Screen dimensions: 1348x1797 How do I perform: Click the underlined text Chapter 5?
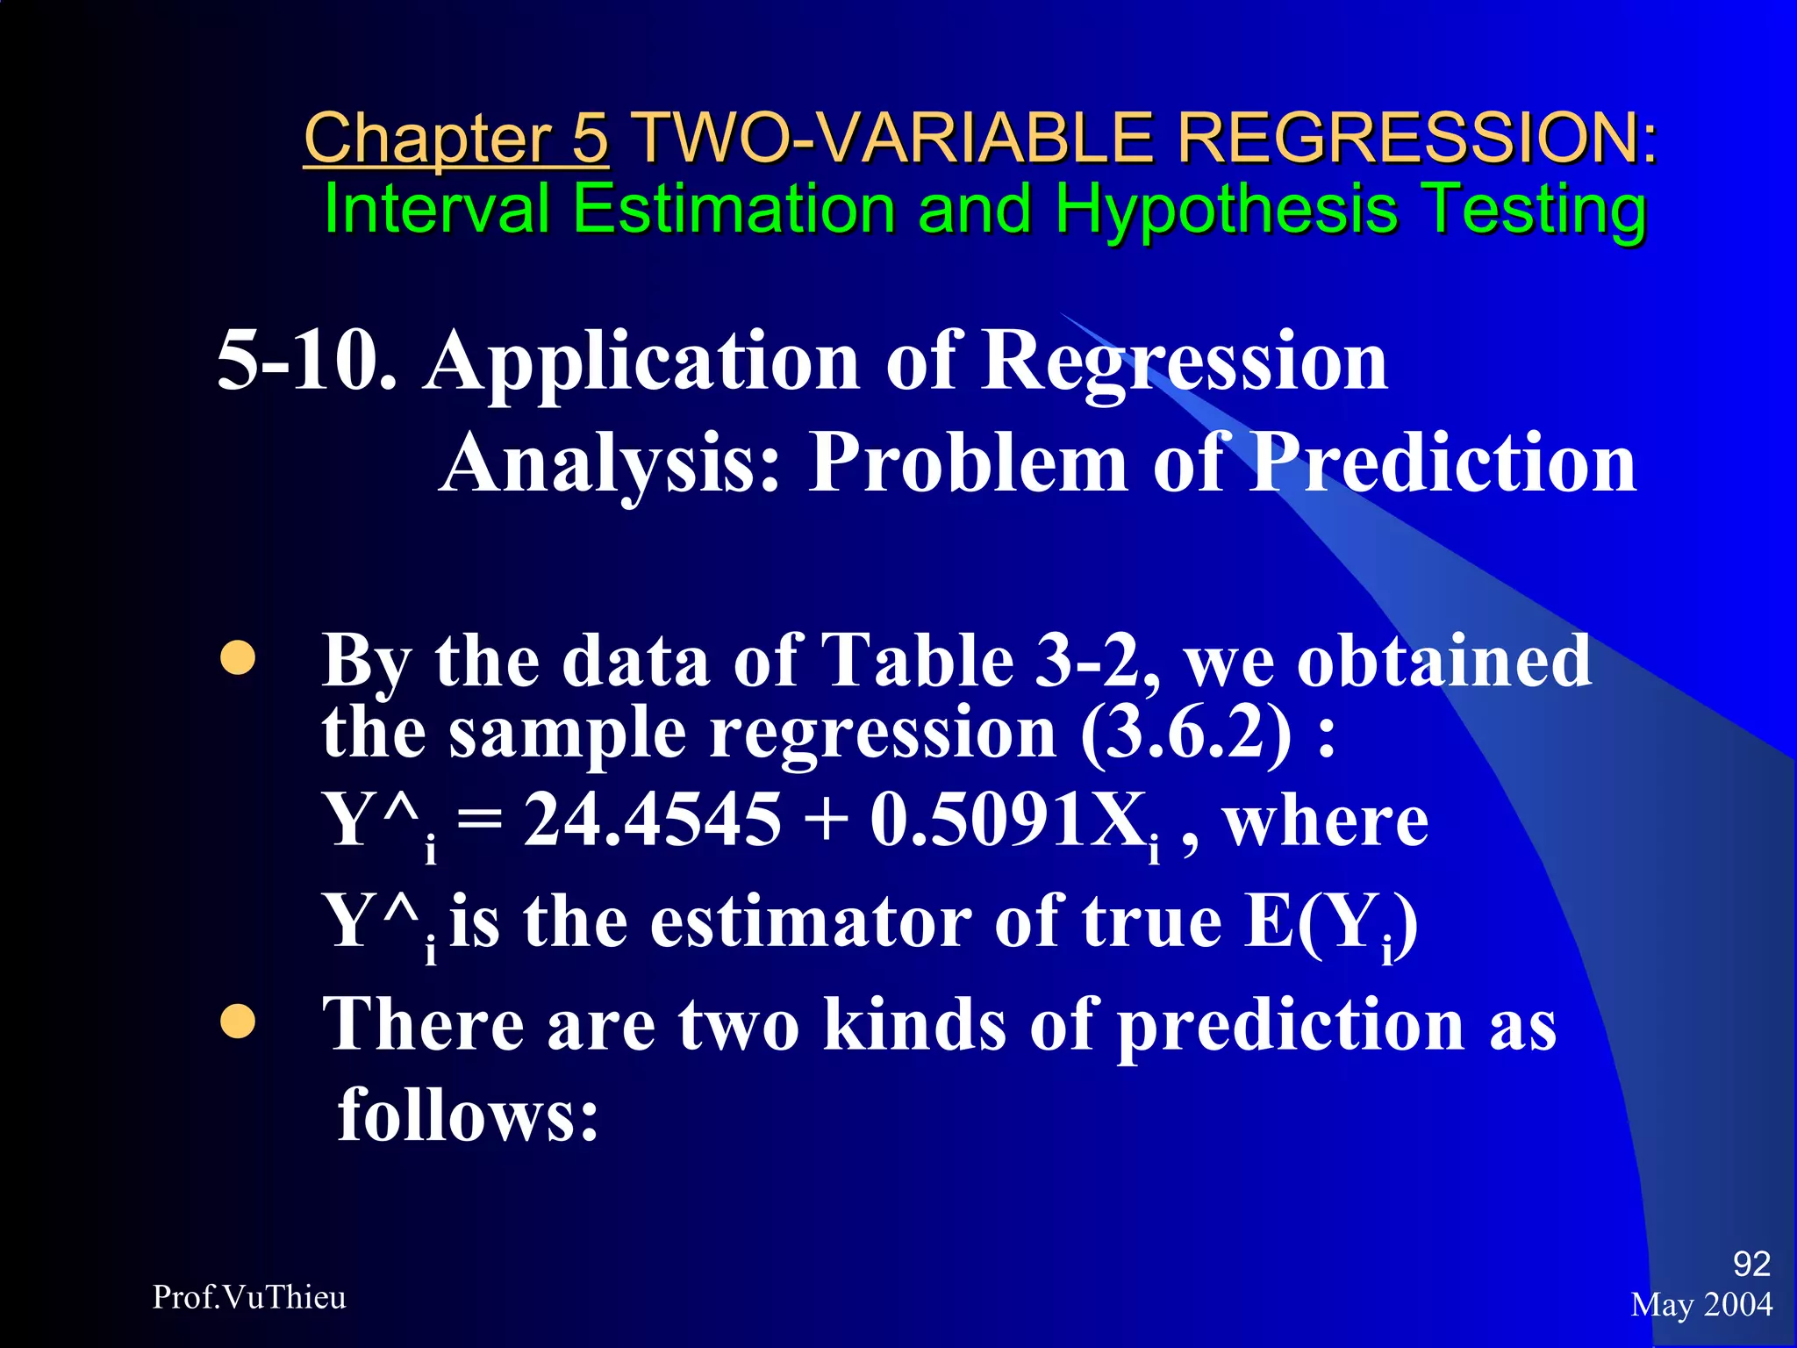(x=455, y=139)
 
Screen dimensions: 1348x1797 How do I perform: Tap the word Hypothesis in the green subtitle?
(x=1226, y=211)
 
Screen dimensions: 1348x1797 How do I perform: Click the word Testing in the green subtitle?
(x=1533, y=211)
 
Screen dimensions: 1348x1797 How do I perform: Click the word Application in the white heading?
(x=641, y=362)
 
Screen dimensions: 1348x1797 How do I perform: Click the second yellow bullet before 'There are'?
(x=238, y=1022)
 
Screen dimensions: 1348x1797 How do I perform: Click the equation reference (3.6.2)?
(x=1185, y=733)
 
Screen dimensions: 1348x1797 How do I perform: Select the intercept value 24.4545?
(x=652, y=820)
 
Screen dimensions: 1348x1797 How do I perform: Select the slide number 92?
(x=1750, y=1264)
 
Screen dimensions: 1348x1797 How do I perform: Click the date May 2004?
(x=1701, y=1305)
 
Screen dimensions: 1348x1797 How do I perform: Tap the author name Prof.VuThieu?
(x=249, y=1297)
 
